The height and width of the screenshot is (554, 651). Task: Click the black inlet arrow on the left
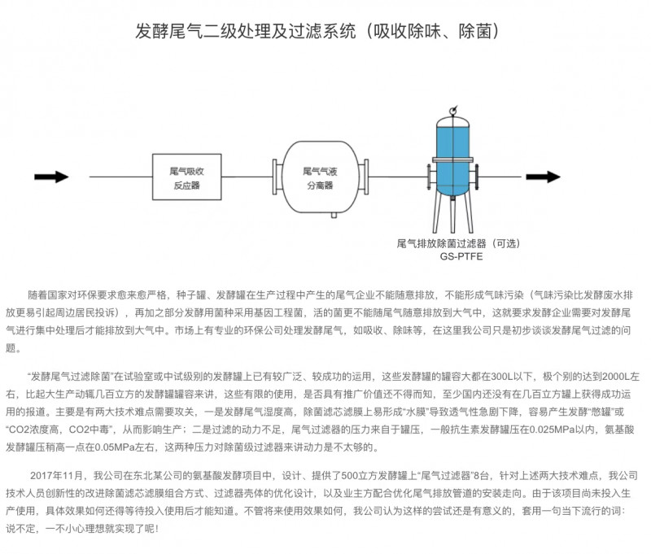51,177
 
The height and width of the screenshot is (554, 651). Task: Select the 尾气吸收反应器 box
186,177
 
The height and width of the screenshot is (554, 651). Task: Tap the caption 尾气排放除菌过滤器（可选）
457,242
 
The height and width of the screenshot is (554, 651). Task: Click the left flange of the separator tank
277,177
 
